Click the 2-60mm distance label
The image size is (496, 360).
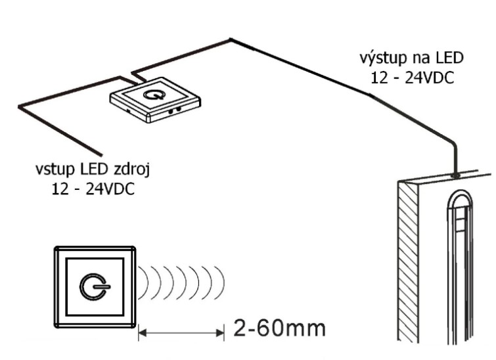pos(279,328)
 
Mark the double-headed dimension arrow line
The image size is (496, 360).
pos(182,334)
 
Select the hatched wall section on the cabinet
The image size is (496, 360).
pos(409,263)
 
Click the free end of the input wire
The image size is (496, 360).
pos(99,150)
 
